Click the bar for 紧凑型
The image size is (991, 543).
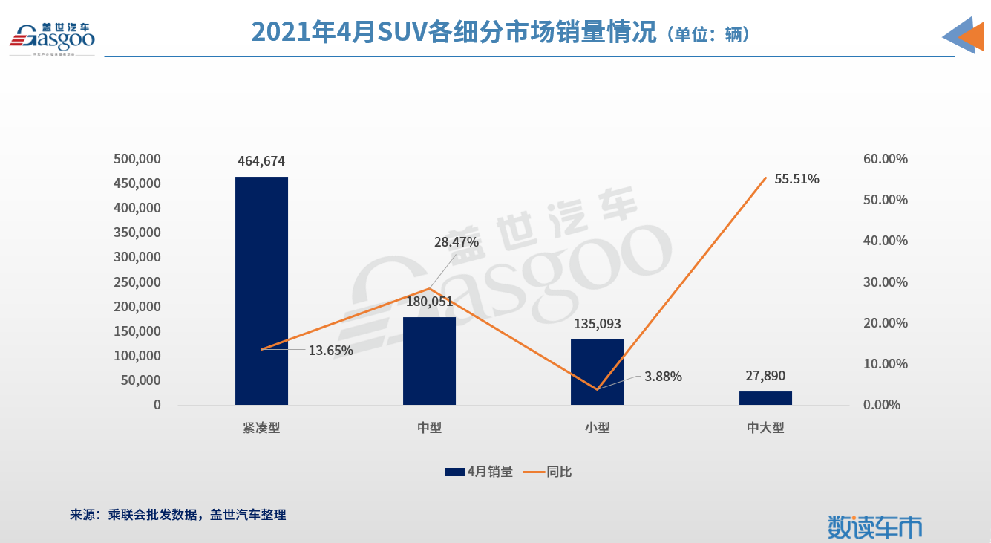261,290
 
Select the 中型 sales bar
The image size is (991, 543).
429,361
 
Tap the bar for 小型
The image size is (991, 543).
597,371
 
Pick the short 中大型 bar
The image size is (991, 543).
765,397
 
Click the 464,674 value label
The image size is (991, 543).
261,161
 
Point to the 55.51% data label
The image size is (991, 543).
797,179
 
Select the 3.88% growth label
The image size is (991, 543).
663,377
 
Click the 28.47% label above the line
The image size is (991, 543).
457,242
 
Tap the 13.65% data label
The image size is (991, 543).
330,351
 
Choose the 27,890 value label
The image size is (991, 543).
765,376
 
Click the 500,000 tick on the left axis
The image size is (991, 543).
137,159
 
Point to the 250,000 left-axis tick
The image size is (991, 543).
137,282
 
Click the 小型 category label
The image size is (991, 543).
597,428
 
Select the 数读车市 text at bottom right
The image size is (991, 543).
875,526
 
